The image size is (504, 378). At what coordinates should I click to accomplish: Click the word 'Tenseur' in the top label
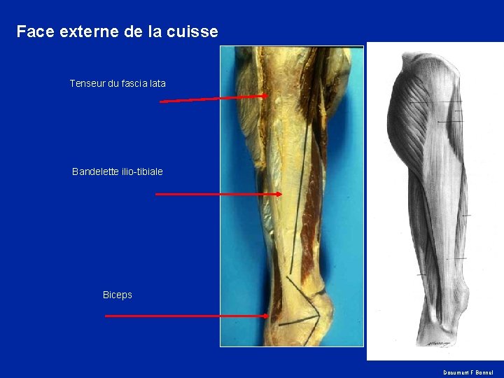[x=87, y=83]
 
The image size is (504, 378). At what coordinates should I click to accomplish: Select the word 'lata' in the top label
[x=157, y=83]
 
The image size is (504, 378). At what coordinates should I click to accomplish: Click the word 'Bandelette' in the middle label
[x=95, y=171]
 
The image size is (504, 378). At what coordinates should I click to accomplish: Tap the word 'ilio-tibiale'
[x=142, y=171]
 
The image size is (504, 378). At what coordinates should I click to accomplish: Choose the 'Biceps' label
[x=117, y=295]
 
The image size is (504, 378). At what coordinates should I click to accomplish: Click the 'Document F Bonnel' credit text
[x=468, y=372]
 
